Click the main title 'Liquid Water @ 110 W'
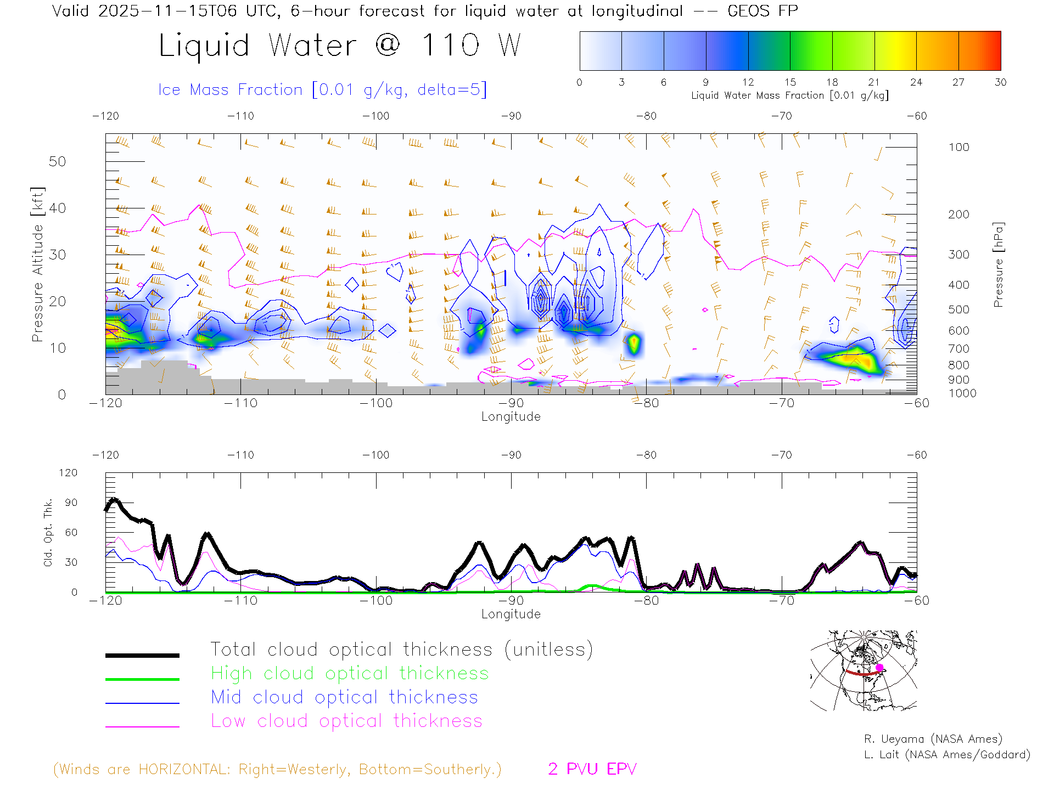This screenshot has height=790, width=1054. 339,45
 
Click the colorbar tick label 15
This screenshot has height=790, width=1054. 790,82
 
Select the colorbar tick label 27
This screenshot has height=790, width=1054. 958,82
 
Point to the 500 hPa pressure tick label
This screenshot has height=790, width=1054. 958,309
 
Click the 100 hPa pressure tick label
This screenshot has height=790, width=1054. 958,147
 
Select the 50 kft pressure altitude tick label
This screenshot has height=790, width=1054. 57,161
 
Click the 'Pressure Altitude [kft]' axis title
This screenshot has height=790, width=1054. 37,264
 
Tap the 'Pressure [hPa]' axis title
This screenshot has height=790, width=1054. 998,264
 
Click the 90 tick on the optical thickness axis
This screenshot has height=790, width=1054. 71,503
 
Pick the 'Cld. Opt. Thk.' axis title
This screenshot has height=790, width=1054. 48,532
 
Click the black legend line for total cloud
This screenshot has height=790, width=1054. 142,655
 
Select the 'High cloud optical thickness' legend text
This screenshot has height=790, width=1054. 350,673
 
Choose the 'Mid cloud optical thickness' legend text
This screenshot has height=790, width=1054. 344,697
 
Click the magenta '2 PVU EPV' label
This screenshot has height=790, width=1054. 592,769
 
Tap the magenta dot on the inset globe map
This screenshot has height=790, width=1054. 879,668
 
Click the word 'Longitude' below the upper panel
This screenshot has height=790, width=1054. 511,417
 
